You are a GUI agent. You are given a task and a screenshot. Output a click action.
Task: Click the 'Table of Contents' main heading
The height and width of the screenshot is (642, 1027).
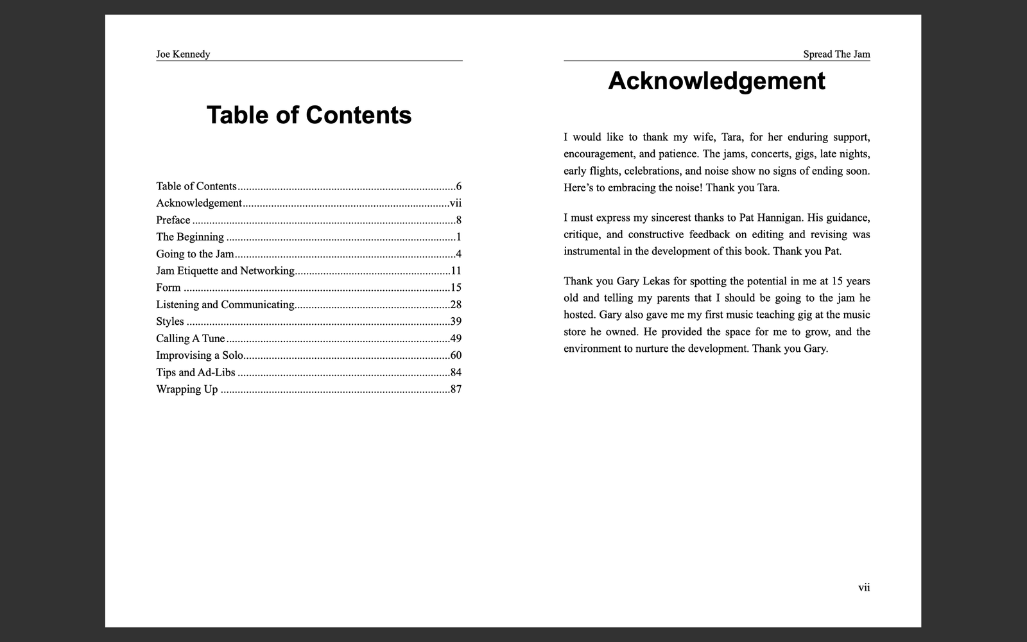(309, 116)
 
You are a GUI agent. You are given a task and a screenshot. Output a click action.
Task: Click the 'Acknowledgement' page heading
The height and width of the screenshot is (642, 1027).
(716, 82)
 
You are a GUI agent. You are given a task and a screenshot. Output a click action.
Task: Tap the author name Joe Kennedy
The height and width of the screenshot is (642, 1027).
(183, 54)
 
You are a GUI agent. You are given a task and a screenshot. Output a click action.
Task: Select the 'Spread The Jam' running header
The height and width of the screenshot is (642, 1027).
(836, 54)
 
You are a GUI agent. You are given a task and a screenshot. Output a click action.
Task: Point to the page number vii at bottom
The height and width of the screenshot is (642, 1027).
(864, 587)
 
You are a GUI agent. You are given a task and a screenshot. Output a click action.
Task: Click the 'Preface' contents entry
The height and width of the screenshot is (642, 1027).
(173, 220)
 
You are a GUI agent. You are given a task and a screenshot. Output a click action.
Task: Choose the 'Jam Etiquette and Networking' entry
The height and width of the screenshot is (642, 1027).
(225, 271)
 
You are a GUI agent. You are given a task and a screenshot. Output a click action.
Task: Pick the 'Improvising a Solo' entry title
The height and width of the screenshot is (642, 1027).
(199, 356)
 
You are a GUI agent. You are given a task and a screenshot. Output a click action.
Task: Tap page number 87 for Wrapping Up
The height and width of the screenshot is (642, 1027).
(456, 389)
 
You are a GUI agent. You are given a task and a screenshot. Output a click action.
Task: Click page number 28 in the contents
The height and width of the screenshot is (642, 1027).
(456, 305)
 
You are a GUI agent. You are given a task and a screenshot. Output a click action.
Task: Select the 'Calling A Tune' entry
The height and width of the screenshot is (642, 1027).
(190, 338)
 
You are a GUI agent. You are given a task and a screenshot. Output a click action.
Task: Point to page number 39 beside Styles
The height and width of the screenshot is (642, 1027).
(456, 322)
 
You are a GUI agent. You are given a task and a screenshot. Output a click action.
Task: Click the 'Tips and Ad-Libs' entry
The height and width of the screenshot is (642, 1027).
(195, 372)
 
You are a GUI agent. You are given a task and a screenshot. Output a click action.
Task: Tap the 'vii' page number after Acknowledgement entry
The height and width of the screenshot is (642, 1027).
(455, 204)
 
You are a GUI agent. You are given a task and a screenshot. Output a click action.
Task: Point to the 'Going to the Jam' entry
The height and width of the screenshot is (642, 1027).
(194, 254)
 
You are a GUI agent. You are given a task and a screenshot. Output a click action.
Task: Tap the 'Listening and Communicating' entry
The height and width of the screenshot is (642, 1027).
(225, 305)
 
